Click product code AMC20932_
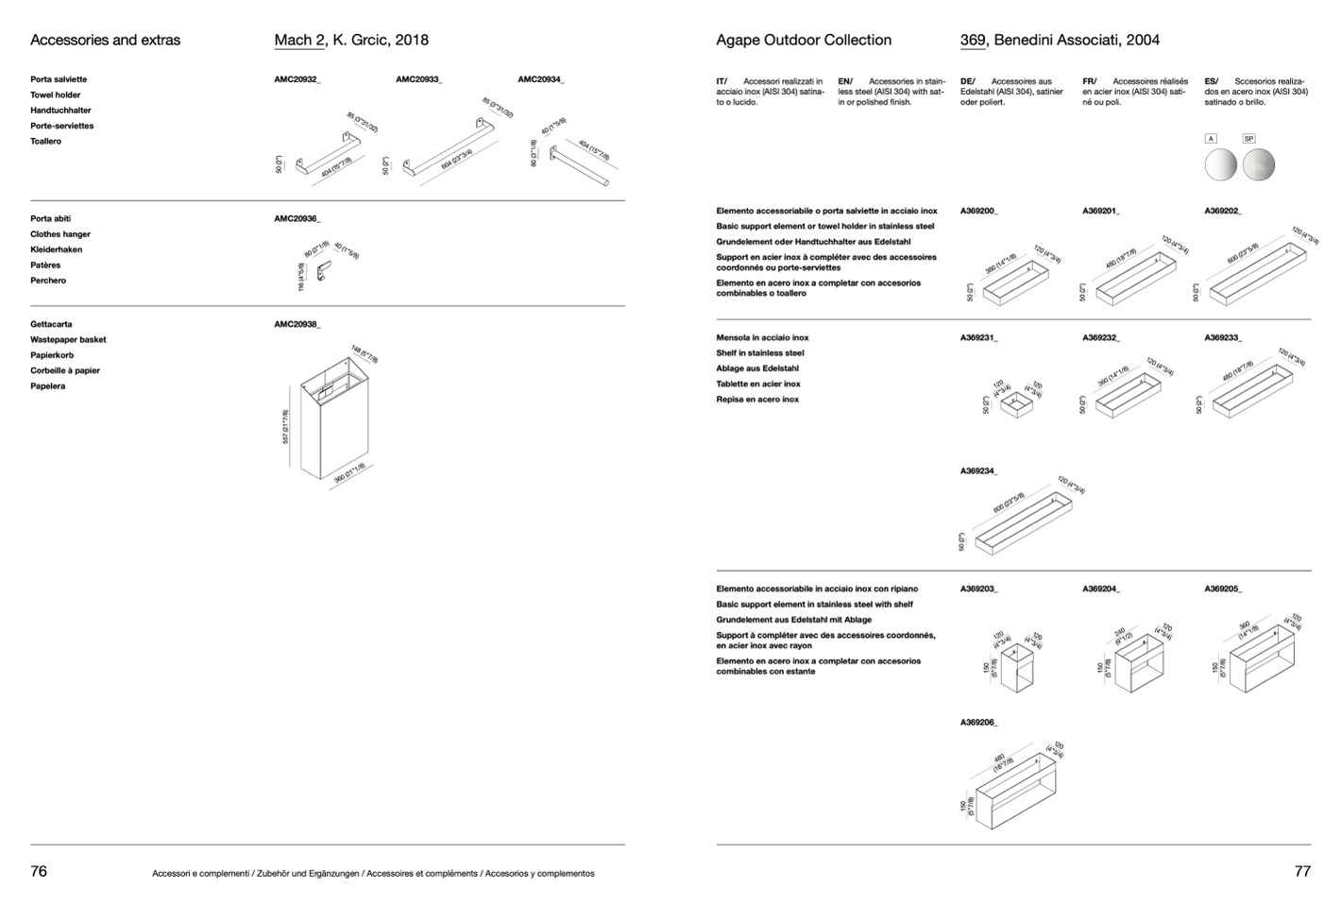pyautogui.click(x=297, y=79)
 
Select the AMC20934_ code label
pyautogui.click(x=541, y=79)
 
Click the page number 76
pyautogui.click(x=39, y=871)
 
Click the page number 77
pyautogui.click(x=1302, y=871)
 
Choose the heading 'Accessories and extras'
pyautogui.click(x=105, y=40)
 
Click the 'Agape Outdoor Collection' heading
pyautogui.click(x=804, y=40)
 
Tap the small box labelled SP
pyautogui.click(x=1248, y=139)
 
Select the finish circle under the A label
pyautogui.click(x=1220, y=165)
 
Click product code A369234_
pyautogui.click(x=979, y=470)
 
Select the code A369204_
pyautogui.click(x=1101, y=589)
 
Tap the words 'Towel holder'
pyautogui.click(x=56, y=94)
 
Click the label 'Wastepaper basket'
pyautogui.click(x=68, y=339)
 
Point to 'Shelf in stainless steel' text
pyautogui.click(x=760, y=352)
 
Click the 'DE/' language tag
pyautogui.click(x=968, y=81)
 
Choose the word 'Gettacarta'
pyautogui.click(x=51, y=324)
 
